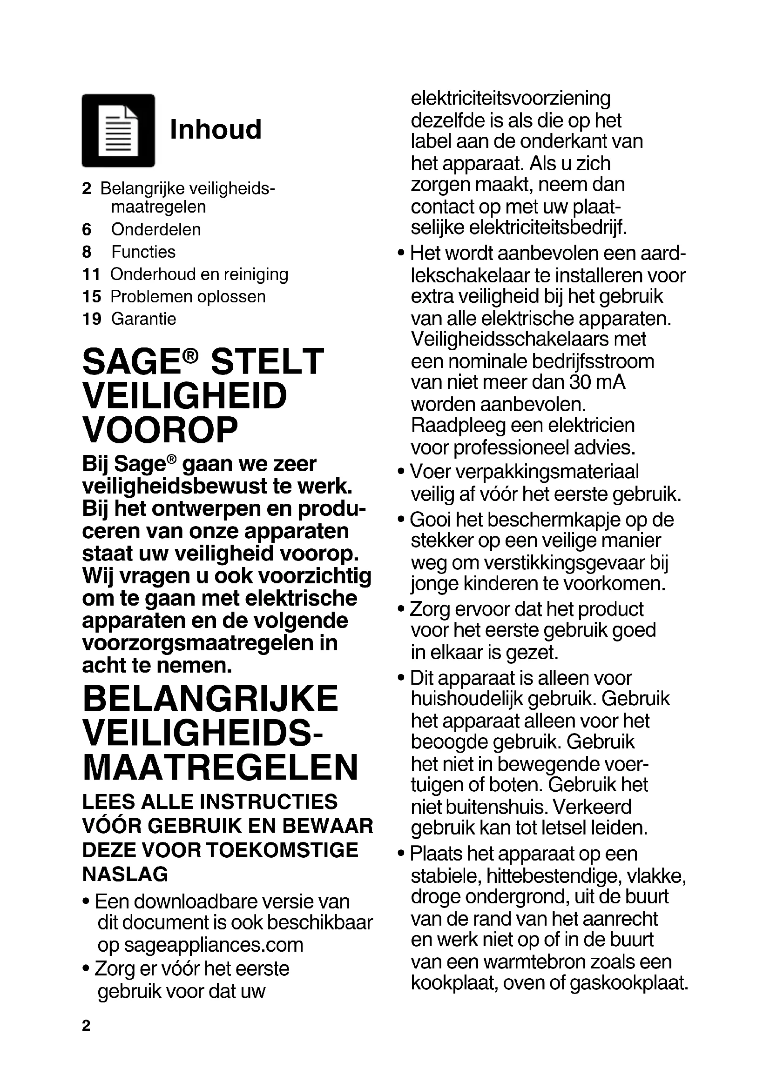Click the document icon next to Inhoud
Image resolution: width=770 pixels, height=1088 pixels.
[x=118, y=130]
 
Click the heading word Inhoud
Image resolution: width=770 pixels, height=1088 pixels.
[x=215, y=129]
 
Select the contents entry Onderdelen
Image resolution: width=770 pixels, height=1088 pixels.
[x=156, y=229]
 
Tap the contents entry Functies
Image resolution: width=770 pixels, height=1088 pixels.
[x=143, y=252]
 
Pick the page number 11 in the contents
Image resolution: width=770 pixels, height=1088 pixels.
[x=91, y=274]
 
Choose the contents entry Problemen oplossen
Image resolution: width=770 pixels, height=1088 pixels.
[x=188, y=297]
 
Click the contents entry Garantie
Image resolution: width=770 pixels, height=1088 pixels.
[x=144, y=319]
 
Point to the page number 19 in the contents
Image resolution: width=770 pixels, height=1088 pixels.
[x=92, y=319]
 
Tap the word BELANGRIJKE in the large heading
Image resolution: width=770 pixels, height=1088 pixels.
[x=210, y=699]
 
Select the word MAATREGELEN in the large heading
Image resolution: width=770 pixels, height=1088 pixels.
[x=220, y=767]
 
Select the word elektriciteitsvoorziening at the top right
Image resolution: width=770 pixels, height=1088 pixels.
[x=510, y=99]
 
